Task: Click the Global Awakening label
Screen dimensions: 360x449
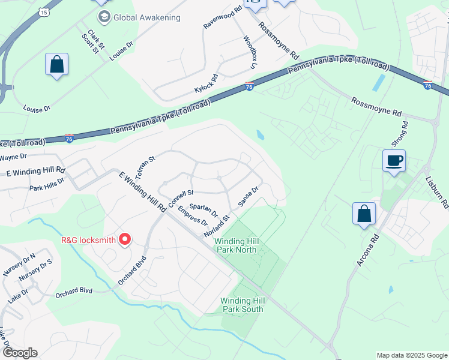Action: pos(148,17)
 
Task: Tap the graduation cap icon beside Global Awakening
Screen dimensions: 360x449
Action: pos(104,17)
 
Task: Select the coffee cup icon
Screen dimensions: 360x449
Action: pos(394,161)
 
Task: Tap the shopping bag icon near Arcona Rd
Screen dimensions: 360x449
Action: pos(364,214)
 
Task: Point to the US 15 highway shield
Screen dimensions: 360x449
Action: pos(43,11)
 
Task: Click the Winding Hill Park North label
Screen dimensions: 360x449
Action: pos(237,245)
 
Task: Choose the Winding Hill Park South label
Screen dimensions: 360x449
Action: pos(243,305)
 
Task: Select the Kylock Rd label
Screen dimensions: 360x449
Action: pos(206,80)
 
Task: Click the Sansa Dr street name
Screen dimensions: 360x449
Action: pos(248,196)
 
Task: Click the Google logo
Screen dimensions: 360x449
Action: pos(19,353)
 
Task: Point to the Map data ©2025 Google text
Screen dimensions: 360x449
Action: pos(411,355)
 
